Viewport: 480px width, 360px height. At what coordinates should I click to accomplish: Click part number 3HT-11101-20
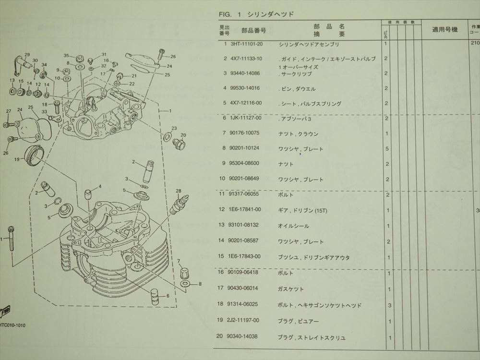pos(247,44)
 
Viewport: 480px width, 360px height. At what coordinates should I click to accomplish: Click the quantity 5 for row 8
pos(386,149)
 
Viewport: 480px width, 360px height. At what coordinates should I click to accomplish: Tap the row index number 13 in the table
pos(222,226)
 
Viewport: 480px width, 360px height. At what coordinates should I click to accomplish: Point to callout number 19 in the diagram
pos(17,159)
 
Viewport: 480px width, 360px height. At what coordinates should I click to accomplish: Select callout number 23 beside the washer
pos(174,128)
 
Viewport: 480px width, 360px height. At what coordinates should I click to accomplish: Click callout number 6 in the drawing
pos(168,296)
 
